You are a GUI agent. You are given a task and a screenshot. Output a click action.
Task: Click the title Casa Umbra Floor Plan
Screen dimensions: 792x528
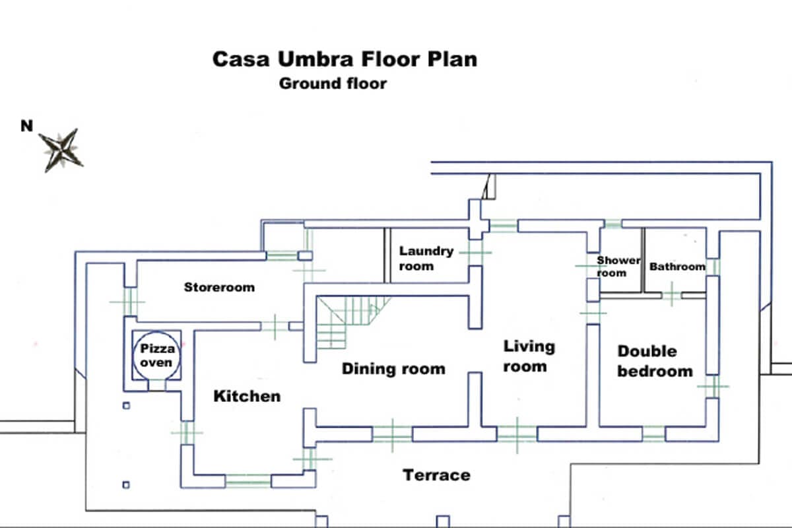tap(345, 59)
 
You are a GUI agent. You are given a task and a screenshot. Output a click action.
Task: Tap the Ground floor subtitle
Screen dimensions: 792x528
tap(333, 84)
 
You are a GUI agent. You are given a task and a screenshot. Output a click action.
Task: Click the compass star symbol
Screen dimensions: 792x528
tap(61, 150)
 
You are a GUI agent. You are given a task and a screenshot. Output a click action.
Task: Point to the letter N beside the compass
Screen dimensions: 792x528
tap(27, 126)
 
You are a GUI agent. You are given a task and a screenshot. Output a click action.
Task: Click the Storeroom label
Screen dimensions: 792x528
tap(219, 287)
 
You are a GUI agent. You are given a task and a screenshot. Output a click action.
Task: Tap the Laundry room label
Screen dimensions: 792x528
tap(426, 259)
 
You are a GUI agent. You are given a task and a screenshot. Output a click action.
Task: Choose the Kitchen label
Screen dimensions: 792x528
tap(247, 396)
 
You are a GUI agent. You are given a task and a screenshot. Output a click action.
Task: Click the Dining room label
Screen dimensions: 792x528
tap(393, 369)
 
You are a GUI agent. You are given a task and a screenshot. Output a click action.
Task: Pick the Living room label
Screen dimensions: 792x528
tap(529, 356)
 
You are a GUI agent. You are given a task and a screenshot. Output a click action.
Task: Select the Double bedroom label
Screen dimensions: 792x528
tap(655, 362)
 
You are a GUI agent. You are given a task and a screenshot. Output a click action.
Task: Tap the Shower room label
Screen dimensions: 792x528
tap(618, 267)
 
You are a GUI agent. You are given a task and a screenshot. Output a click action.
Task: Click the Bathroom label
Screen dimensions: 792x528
tap(677, 267)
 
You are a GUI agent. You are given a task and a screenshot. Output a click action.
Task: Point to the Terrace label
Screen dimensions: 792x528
tap(436, 475)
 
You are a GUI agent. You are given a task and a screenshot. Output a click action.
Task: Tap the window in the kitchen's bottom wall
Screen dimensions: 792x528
tap(248, 481)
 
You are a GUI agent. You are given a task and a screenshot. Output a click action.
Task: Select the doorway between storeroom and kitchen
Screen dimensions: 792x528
tap(275, 326)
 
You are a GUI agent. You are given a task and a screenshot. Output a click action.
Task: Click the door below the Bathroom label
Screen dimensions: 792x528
tap(672, 294)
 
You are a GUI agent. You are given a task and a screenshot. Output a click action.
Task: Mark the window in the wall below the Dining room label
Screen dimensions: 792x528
tap(393, 435)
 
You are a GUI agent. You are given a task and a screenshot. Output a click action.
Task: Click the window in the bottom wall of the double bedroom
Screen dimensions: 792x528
tap(654, 434)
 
